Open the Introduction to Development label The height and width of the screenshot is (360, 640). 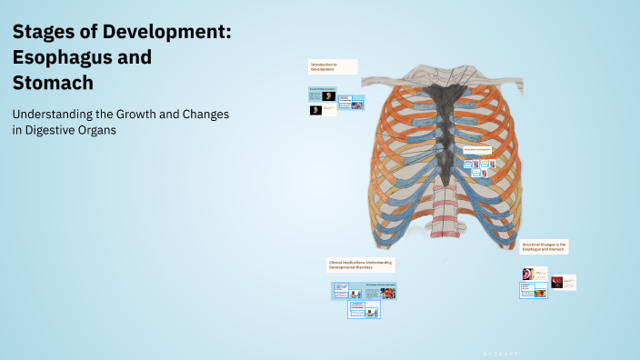coord(333,66)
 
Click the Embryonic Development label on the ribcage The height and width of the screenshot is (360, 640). coord(477,148)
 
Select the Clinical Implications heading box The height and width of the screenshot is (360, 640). coord(360,264)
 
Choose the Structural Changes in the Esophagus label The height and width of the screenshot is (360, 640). coord(545,245)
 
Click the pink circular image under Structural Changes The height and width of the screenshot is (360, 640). coord(528,273)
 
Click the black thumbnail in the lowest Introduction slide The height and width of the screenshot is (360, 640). coord(316,110)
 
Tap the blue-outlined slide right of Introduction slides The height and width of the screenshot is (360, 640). coord(351,103)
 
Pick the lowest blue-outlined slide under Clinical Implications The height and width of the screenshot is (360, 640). coord(365,310)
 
